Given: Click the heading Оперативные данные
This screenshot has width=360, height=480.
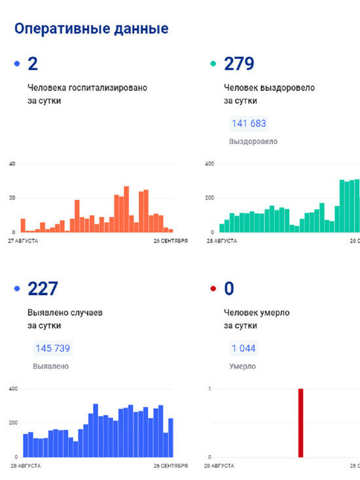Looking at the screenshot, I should pos(91,29).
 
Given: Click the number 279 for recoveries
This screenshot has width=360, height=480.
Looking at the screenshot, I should pos(239,63).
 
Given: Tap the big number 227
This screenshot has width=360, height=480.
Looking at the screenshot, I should pos(43,288).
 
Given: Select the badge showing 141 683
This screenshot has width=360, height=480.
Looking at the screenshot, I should pos(249,124).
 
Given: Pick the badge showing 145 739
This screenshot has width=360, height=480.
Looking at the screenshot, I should pos(52,349).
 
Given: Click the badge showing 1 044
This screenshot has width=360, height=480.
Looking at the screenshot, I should pos(243,349).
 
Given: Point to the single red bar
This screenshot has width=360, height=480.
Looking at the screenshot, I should pos(301,423).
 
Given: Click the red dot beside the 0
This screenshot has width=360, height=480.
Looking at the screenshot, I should pos(213,289).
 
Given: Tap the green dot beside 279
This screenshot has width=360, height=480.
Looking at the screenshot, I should pos(213,64).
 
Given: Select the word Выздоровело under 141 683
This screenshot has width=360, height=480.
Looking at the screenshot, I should pos(253,141).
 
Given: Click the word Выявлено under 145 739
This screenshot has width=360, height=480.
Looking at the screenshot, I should pos(50,366).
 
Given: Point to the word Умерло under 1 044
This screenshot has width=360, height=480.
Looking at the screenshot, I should pos(243,366).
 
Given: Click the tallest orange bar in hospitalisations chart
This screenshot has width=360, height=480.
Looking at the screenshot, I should pos(126,209).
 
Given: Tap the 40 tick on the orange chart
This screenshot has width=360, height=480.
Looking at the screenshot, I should pos(12,163).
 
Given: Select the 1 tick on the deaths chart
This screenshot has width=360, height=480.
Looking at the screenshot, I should pos(209,389).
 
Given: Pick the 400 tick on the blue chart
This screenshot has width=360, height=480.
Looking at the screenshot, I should pos(13,389).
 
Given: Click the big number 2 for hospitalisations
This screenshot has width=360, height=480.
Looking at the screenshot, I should pos(33,63).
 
